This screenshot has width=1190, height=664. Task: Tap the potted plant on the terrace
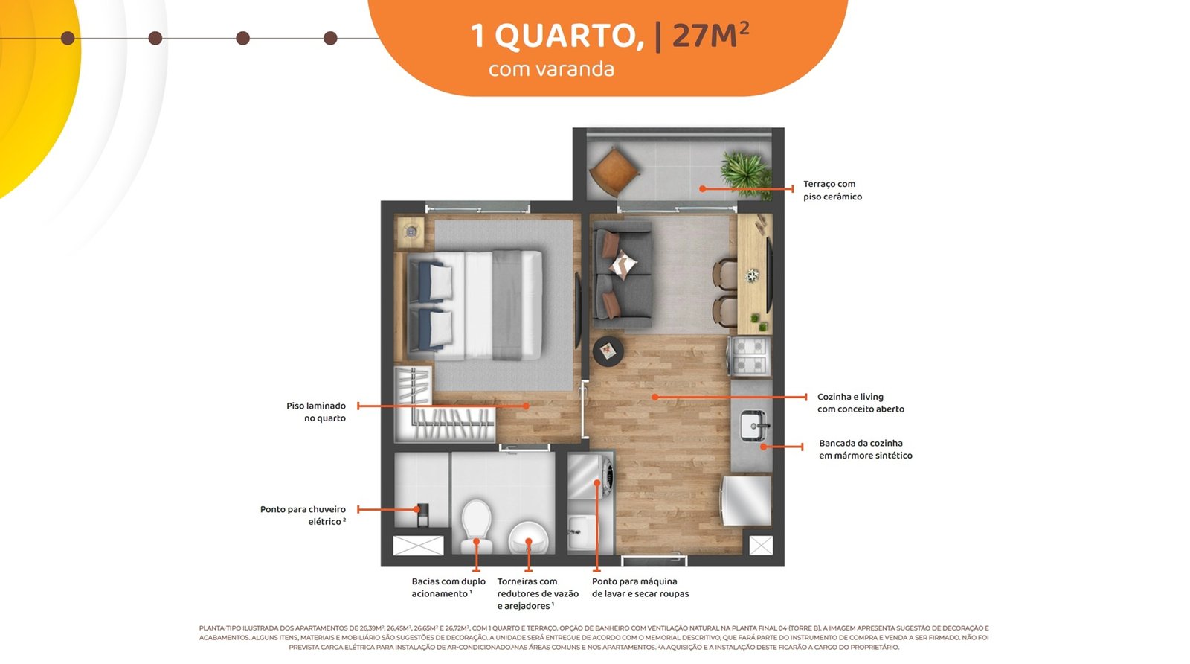coord(746,174)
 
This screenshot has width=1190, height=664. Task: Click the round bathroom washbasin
coord(528,537)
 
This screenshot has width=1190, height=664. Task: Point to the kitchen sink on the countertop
coord(755,426)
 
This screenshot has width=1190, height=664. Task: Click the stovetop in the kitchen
coord(749,356)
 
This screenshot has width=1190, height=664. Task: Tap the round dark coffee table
coord(608,351)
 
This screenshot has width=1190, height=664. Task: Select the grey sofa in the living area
coord(623,275)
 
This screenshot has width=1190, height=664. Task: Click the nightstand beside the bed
coord(411,232)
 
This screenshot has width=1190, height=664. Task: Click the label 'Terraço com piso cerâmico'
coord(832,191)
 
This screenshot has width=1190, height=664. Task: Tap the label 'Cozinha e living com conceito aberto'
coord(861,403)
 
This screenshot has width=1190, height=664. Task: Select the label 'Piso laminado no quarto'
coord(316,412)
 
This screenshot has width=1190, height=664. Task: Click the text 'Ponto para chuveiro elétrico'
coord(303,516)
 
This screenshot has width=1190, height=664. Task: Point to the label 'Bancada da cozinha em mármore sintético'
coord(866,449)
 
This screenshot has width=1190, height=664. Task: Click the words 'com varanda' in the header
coord(551,69)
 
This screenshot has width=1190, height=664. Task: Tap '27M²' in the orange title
coord(711,35)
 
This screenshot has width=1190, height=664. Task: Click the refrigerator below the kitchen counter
coord(746,501)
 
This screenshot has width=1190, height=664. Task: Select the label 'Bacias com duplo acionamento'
coord(448,587)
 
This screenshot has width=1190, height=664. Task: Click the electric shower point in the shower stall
coord(422,514)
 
